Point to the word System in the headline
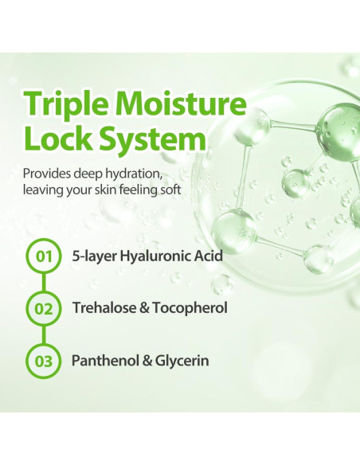tap(152, 140)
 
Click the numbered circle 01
tap(44, 256)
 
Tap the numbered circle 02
tap(44, 309)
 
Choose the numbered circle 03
tap(44, 361)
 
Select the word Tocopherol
tap(190, 309)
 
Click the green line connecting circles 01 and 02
tap(44, 283)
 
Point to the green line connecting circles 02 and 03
tap(44, 334)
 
